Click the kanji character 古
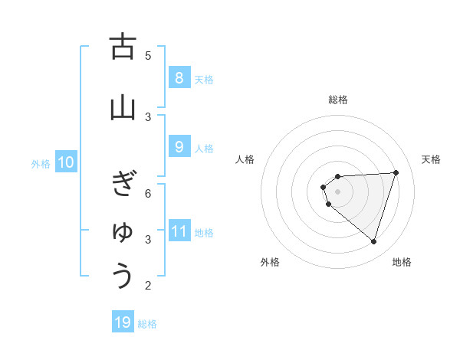pyautogui.click(x=123, y=47)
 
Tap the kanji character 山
pyautogui.click(x=123, y=108)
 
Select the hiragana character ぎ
pyautogui.click(x=123, y=185)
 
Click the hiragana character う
pyautogui.click(x=123, y=276)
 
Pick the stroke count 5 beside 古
pyautogui.click(x=148, y=55)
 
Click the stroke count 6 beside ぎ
pyautogui.click(x=148, y=194)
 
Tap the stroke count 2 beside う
pyautogui.click(x=148, y=286)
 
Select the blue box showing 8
pyautogui.click(x=179, y=77)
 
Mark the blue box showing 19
pyautogui.click(x=123, y=322)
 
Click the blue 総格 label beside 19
pyautogui.click(x=147, y=324)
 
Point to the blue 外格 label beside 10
pyautogui.click(x=41, y=163)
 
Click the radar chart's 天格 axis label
pyautogui.click(x=431, y=159)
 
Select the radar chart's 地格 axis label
pyautogui.click(x=402, y=262)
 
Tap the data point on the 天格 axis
pyautogui.click(x=396, y=172)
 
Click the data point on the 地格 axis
pyautogui.click(x=373, y=242)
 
